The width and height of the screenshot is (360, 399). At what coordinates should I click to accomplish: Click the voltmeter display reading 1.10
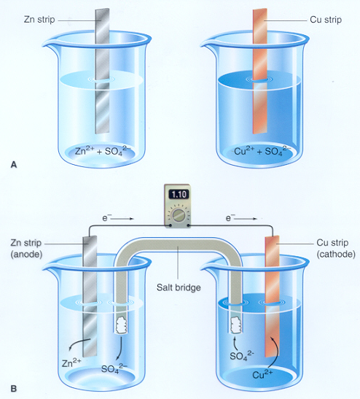coord(179,195)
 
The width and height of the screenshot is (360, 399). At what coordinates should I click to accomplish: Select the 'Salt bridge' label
coord(179,287)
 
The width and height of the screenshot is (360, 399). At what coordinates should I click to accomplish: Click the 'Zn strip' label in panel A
coord(39,20)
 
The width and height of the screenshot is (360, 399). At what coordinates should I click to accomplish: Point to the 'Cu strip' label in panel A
coord(326,20)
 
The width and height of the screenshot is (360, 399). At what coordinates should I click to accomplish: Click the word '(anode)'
coord(26,255)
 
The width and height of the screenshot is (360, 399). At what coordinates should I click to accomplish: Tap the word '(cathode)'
coord(336,255)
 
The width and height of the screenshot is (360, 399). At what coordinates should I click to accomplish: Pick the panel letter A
coord(14,165)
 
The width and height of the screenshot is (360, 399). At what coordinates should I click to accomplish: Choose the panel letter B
coord(14,389)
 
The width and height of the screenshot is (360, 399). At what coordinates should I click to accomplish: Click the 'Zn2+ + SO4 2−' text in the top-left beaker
coord(101,151)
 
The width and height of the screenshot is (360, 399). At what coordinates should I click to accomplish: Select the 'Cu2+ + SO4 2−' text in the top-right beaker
coord(261,151)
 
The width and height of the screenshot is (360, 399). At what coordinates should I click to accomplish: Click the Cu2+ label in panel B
coord(262,374)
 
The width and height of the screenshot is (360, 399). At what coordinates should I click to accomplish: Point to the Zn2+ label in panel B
coord(71,363)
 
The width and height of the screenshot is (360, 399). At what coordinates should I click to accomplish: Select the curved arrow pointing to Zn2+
coord(79,342)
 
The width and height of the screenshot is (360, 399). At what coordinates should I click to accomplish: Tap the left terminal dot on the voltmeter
coord(170,225)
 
